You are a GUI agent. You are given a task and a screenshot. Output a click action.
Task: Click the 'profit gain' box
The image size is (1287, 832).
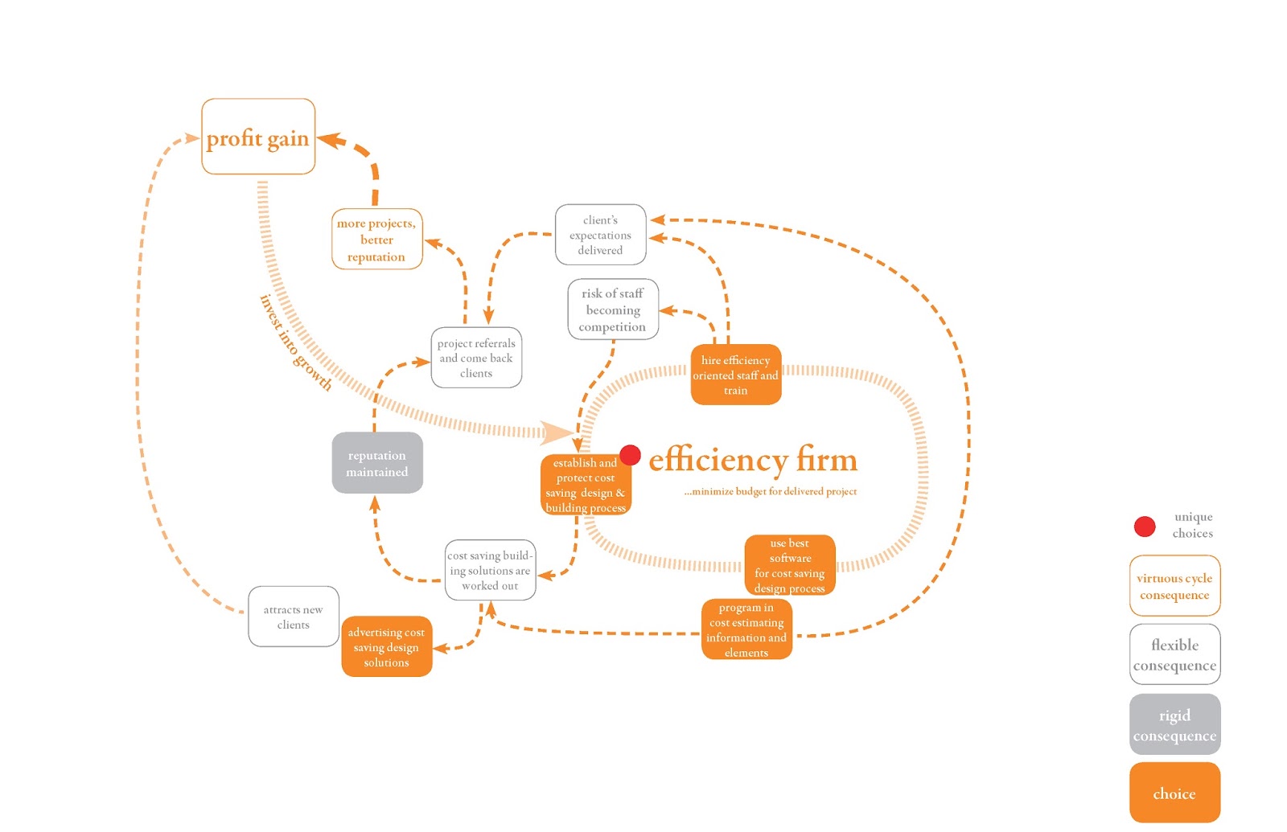[258, 137]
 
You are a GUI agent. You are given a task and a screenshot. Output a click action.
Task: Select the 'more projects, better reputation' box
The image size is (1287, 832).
[376, 240]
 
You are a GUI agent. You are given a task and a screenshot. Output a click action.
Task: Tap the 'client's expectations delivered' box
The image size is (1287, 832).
[600, 235]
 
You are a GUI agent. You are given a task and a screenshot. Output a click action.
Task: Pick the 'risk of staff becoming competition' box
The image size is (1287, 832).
[613, 309]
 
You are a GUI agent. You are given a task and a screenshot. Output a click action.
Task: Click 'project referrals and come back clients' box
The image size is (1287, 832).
[476, 358]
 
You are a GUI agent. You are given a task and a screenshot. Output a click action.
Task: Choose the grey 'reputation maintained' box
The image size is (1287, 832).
[377, 463]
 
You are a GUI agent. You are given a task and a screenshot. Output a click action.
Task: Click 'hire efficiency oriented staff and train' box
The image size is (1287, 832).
[735, 375]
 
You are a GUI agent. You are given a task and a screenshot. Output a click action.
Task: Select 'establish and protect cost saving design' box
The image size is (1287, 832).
[586, 486]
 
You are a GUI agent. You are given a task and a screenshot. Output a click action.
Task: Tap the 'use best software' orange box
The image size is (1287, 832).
[790, 565]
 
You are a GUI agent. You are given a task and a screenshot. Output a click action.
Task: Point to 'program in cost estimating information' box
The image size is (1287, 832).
[746, 629]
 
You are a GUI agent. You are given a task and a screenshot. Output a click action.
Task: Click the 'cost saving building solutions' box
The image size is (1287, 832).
[490, 570]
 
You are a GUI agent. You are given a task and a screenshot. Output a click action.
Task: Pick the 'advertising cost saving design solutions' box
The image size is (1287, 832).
[386, 647]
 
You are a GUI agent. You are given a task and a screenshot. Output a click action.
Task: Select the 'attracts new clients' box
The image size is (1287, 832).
[294, 617]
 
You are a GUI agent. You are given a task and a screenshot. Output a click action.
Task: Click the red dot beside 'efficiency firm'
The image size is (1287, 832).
[631, 455]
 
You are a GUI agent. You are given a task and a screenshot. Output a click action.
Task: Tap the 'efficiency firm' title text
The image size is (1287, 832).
[753, 460]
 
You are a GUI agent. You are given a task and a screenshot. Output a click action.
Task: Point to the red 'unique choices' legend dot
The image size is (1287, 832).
[1145, 527]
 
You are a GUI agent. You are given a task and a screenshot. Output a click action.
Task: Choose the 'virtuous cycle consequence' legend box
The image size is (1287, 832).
[1174, 586]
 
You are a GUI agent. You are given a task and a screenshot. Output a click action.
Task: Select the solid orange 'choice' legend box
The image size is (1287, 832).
[1174, 793]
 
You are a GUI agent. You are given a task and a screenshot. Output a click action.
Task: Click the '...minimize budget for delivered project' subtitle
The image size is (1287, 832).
[770, 491]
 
